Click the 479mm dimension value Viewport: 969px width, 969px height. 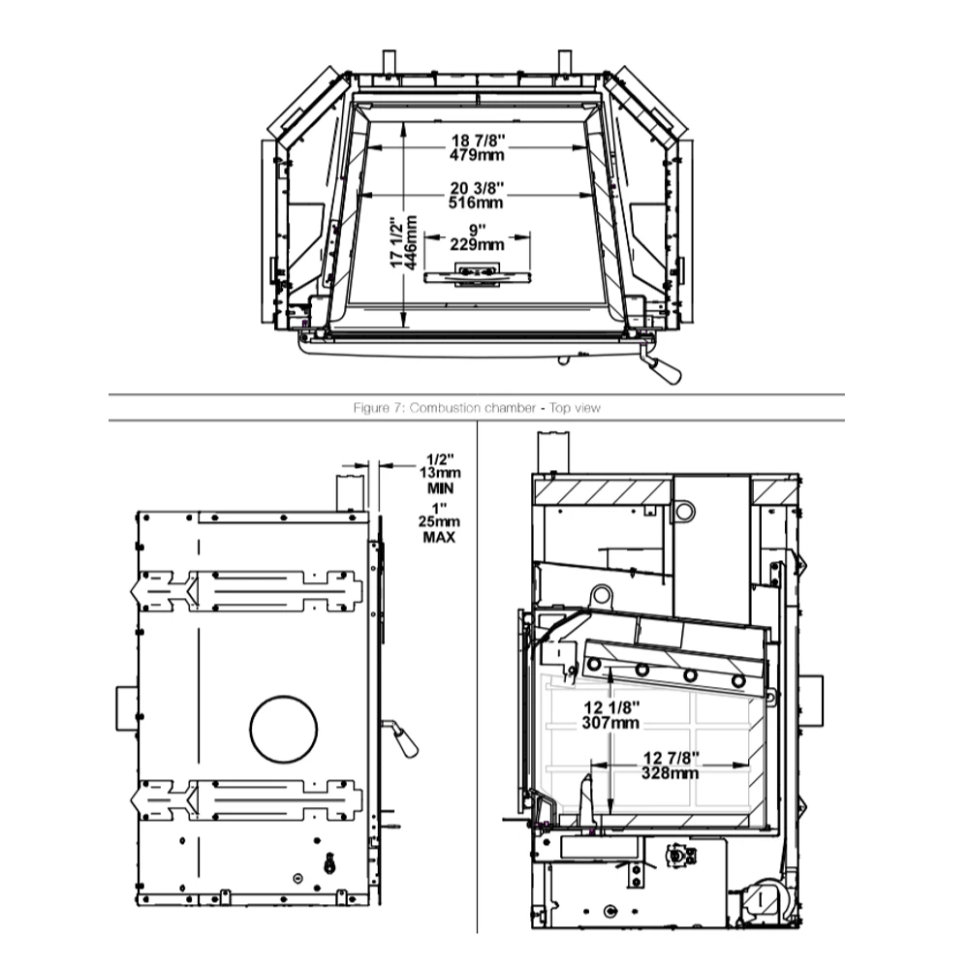477,155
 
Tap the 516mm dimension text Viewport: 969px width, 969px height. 477,203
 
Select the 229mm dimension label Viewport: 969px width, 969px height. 477,245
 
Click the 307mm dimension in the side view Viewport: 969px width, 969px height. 610,723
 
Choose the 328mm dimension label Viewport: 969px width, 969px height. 670,773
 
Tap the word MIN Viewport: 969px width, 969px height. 441,488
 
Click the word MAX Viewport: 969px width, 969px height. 439,537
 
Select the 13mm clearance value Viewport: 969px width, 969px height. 440,473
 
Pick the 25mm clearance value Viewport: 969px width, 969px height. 439,521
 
